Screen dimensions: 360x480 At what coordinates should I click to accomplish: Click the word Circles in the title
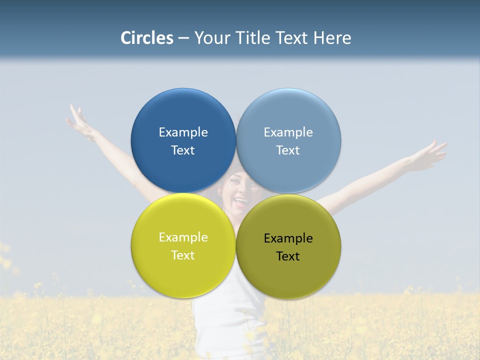pos(147,38)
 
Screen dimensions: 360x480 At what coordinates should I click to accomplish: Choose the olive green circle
pos(288,277)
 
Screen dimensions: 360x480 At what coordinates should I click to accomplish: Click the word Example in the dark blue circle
pos(183,132)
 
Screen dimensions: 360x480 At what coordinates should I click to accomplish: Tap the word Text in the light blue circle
pos(288,150)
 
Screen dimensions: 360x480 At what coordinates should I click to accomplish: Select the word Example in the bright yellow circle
pos(183,237)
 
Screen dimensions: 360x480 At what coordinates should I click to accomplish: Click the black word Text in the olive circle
pos(288,256)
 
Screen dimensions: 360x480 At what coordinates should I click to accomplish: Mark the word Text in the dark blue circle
pos(183,150)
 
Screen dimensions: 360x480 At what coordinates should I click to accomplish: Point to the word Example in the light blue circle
pos(288,132)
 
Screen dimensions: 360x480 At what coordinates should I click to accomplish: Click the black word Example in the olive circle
pos(288,238)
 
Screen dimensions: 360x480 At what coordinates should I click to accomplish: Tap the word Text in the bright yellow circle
pos(183,255)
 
